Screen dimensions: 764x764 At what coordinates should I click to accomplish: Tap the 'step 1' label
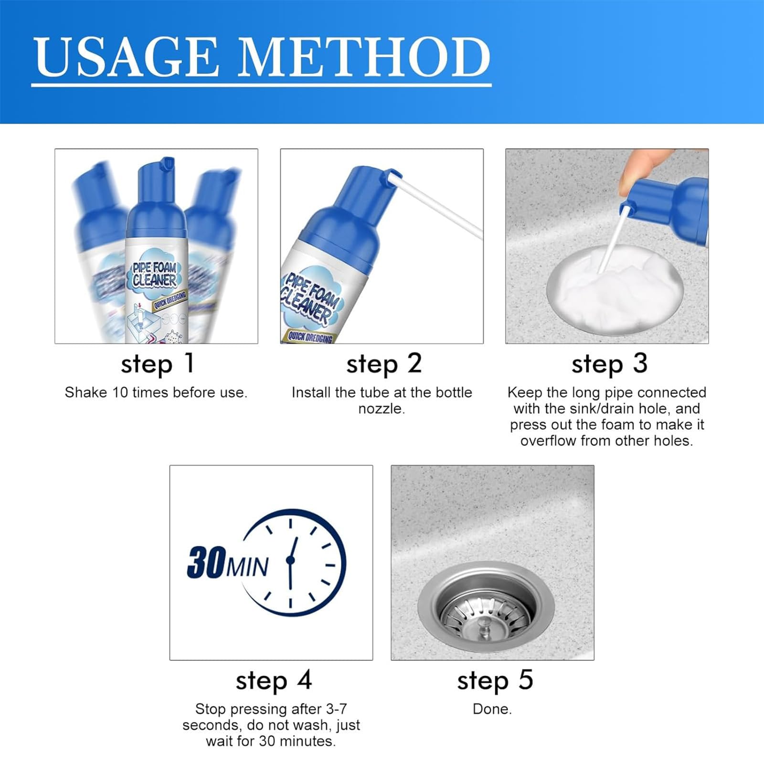(157, 364)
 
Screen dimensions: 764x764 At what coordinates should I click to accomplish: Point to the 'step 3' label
(609, 364)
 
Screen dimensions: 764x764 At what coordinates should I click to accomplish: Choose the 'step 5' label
(494, 680)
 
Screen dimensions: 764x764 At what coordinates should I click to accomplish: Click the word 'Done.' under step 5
(492, 710)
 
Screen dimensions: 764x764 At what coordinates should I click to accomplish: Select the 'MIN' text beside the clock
(247, 567)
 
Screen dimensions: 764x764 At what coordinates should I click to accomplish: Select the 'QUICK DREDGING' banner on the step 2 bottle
(309, 337)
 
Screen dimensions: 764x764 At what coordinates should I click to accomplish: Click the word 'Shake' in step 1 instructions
(86, 393)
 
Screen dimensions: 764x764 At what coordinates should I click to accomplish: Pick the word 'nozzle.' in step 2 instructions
(381, 409)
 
